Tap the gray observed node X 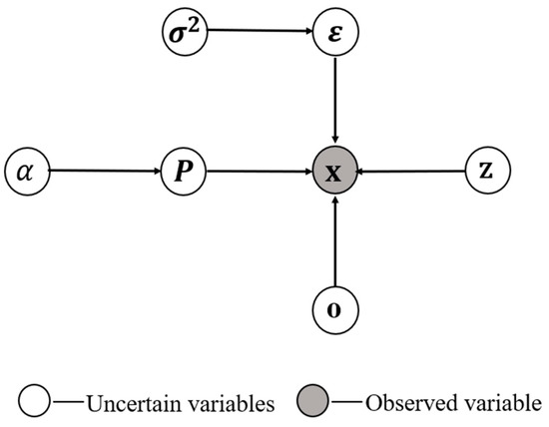tap(335, 172)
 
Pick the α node tap(26, 172)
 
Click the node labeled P tap(184, 172)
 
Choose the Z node tap(486, 172)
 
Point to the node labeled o tap(335, 308)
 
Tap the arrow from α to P tap(105, 172)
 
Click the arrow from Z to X tap(411, 172)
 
